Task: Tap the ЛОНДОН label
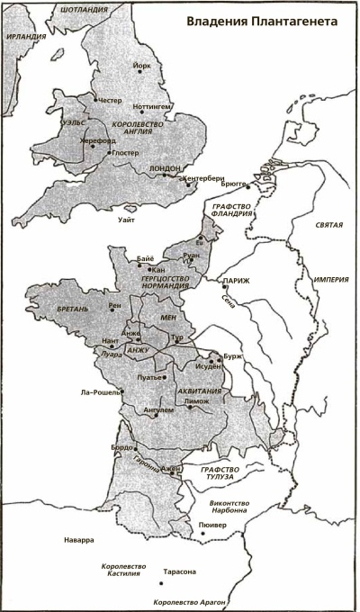[168, 168]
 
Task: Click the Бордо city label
[121, 446]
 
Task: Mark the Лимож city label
[195, 401]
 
